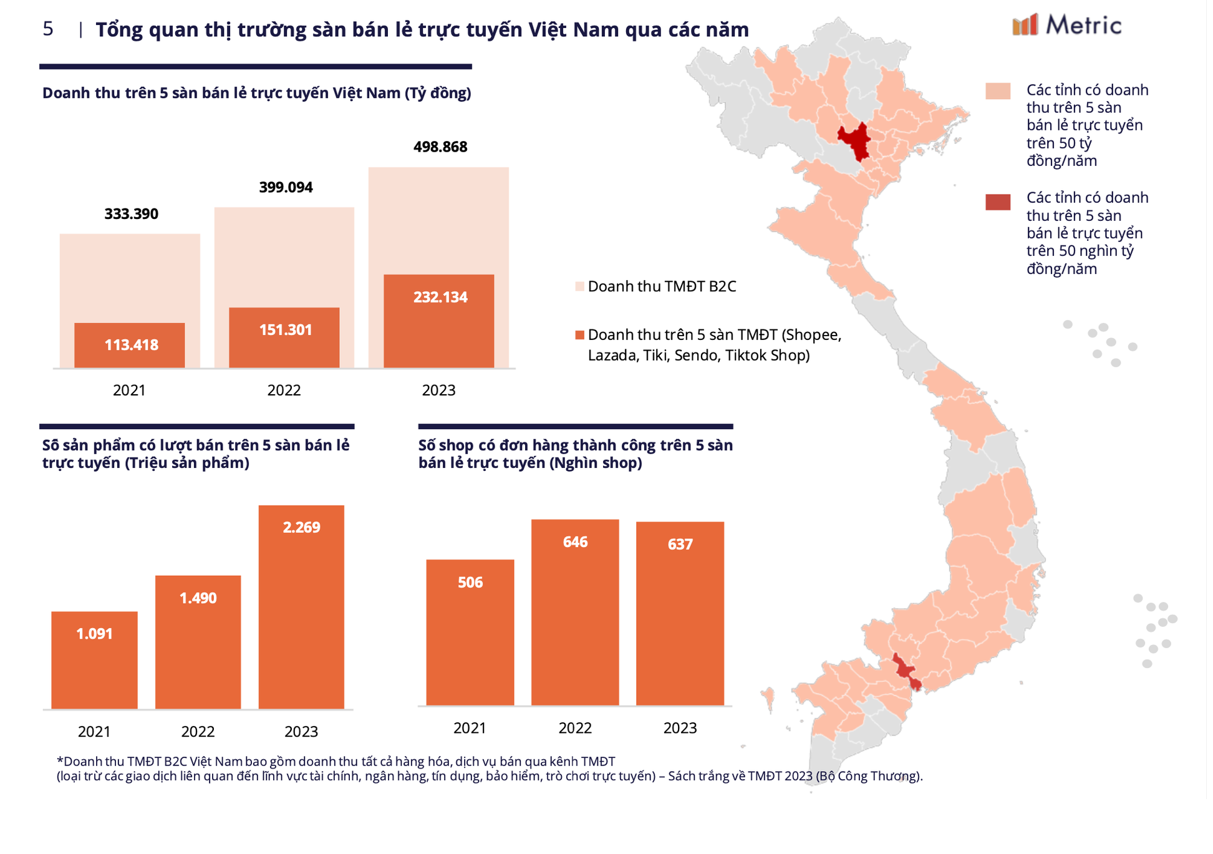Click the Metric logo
1066,25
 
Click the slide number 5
48,29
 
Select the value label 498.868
440,147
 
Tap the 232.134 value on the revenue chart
440,297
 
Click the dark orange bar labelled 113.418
129,356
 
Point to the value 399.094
286,187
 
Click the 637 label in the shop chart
680,545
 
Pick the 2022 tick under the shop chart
574,728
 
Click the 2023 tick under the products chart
301,732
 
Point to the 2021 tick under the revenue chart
129,391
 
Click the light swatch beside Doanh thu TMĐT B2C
579,286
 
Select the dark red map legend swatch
997,202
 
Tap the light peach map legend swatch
997,91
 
